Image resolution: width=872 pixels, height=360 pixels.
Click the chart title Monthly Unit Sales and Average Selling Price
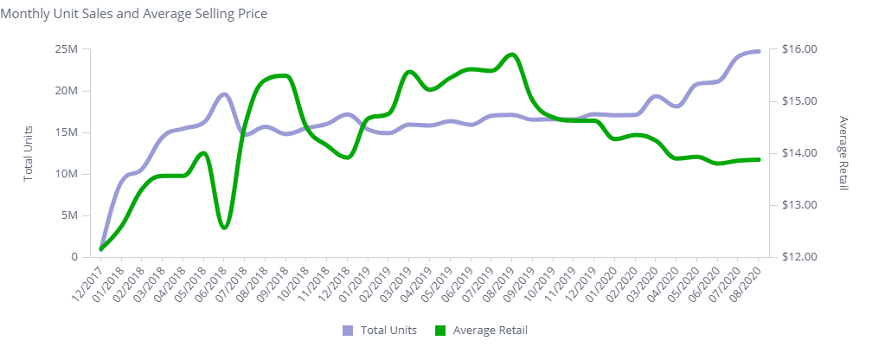tap(133, 14)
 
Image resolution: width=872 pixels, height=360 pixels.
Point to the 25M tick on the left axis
tap(67, 49)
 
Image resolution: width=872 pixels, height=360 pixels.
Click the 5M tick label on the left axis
tap(69, 215)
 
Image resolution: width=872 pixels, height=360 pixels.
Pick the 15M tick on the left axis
tap(67, 132)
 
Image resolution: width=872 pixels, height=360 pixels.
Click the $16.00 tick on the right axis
tap(798, 49)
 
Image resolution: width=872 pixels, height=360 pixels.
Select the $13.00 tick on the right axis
tap(798, 205)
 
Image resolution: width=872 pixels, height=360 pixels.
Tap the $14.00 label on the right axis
tap(798, 153)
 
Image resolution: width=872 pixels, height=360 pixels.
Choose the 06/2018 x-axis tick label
tap(210, 282)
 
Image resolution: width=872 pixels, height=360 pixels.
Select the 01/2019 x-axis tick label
tap(354, 282)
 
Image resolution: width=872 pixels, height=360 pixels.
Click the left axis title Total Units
tap(28, 153)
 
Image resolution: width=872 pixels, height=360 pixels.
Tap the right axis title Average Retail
tap(843, 153)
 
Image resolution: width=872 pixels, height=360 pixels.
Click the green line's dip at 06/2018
tap(225, 228)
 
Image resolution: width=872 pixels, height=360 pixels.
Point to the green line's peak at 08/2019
tap(512, 55)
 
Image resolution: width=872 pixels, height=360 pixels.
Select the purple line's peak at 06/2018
tap(224, 93)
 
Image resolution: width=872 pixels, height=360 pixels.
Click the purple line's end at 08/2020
tap(759, 51)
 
